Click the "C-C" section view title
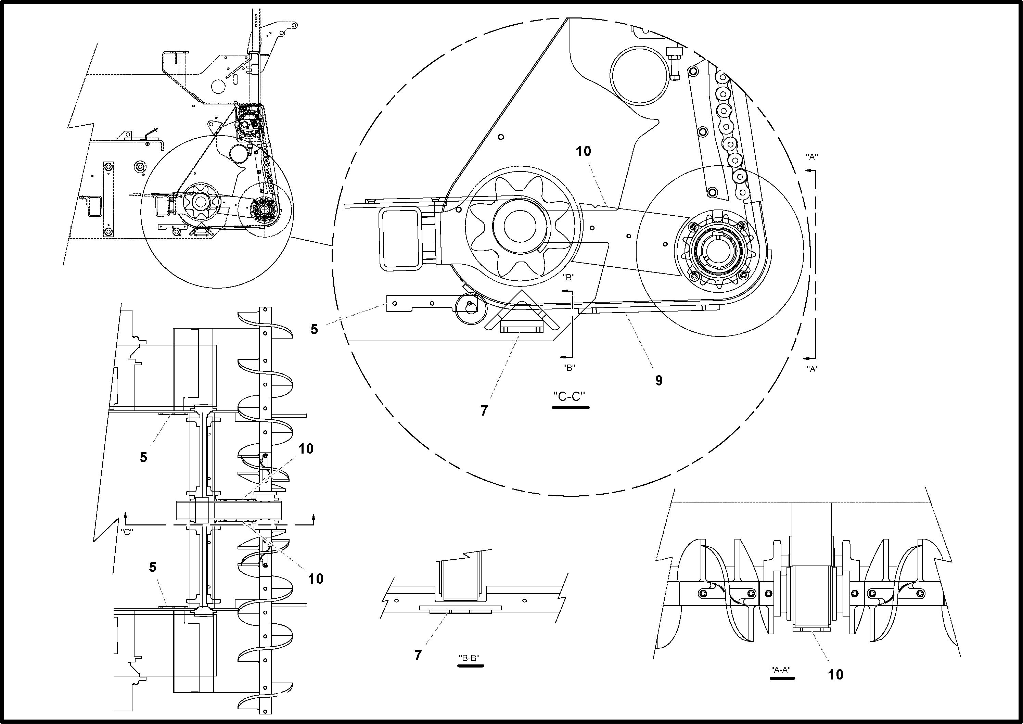point(569,396)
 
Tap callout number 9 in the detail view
point(659,380)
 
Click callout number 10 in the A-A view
point(836,674)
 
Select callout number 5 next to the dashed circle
point(314,329)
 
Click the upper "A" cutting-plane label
point(812,156)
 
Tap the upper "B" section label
point(568,277)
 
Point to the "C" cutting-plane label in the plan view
point(127,532)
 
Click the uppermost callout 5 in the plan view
point(143,457)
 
